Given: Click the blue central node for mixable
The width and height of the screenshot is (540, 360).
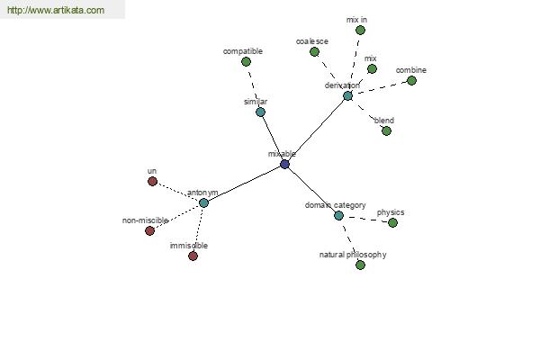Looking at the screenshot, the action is coord(284,164).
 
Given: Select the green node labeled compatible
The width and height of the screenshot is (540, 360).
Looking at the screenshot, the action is coord(246,62).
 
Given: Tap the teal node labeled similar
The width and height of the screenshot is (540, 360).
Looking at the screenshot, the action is coord(261,112).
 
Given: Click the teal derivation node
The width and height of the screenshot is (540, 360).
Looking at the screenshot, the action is coord(347,95).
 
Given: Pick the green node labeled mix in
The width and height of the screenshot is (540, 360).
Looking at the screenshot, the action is coord(360,31).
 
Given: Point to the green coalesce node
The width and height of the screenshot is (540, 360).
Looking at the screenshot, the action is coord(314,52).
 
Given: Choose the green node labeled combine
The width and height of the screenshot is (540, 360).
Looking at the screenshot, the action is coord(411,81).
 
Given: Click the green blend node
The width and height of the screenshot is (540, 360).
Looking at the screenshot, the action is coord(386,130).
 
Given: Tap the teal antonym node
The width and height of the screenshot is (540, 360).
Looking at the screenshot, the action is coord(204,202).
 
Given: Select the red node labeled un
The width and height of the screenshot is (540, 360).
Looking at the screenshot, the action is coord(153,181).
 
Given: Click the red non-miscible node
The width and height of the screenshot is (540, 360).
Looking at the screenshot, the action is coord(149,230).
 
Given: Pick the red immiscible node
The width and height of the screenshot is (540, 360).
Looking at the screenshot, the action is coord(193,256).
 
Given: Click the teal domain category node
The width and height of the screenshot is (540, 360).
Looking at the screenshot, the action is coord(339,216).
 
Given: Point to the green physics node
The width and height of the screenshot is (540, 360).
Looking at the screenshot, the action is coord(392,223).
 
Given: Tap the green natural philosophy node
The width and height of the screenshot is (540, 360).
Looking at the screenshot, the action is coord(360,265).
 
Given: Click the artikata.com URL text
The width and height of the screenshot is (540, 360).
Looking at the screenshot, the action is coord(56,10).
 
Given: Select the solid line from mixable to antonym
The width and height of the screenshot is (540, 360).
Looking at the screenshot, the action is coord(244,184).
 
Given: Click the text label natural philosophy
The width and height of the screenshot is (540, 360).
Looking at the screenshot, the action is coord(353,255).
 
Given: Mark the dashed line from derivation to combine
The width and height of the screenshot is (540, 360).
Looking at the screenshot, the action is coord(380,88).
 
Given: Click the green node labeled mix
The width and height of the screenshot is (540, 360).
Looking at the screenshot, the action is coord(372,69).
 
